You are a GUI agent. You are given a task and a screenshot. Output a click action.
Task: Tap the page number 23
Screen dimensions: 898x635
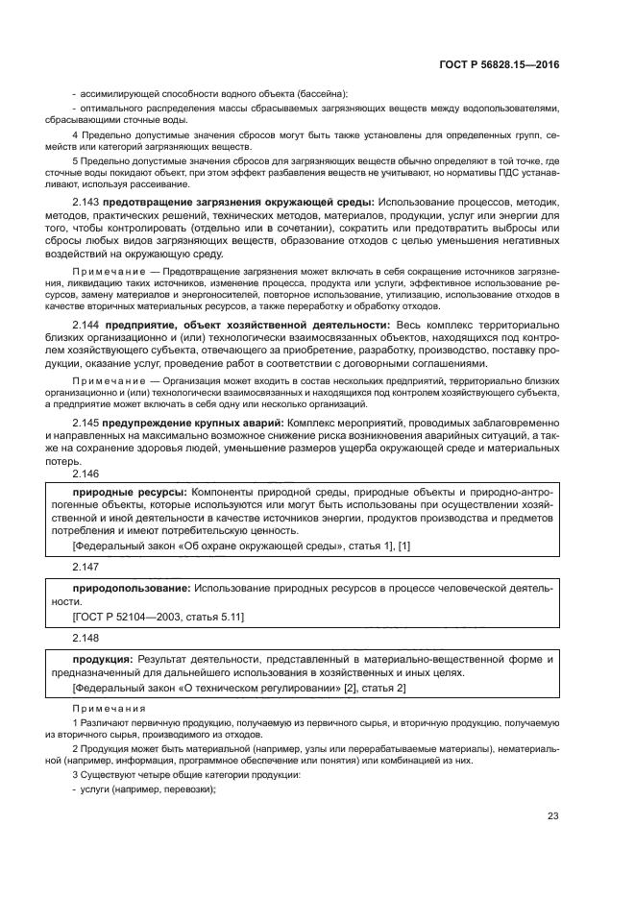click(x=552, y=816)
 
